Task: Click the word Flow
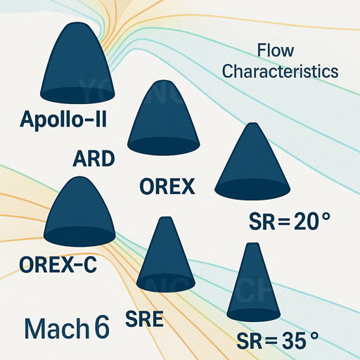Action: pyautogui.click(x=276, y=51)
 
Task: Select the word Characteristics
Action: pyautogui.click(x=281, y=71)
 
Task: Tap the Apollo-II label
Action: pyautogui.click(x=63, y=120)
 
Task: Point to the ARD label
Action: pyautogui.click(x=94, y=159)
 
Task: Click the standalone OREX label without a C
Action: pyautogui.click(x=167, y=186)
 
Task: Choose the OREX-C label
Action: pyautogui.click(x=58, y=264)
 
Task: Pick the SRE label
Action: pyautogui.click(x=144, y=319)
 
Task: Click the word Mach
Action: pyautogui.click(x=56, y=328)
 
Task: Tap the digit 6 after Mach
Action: pyautogui.click(x=102, y=327)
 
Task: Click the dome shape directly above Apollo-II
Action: pyautogui.click(x=77, y=63)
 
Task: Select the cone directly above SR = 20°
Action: pyautogui.click(x=252, y=162)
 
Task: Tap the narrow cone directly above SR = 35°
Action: pyautogui.click(x=254, y=282)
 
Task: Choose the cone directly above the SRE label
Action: pyautogui.click(x=166, y=255)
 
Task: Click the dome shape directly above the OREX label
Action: pyautogui.click(x=164, y=118)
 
